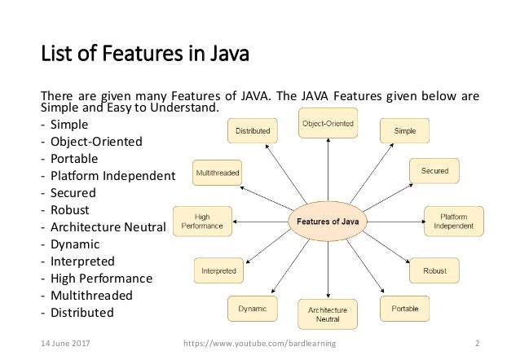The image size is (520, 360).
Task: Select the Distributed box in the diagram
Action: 253,130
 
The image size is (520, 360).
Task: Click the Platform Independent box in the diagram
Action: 452,220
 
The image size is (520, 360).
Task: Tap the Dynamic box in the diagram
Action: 253,309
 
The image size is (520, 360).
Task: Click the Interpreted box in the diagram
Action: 219,270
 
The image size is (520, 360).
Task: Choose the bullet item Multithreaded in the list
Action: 92,295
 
